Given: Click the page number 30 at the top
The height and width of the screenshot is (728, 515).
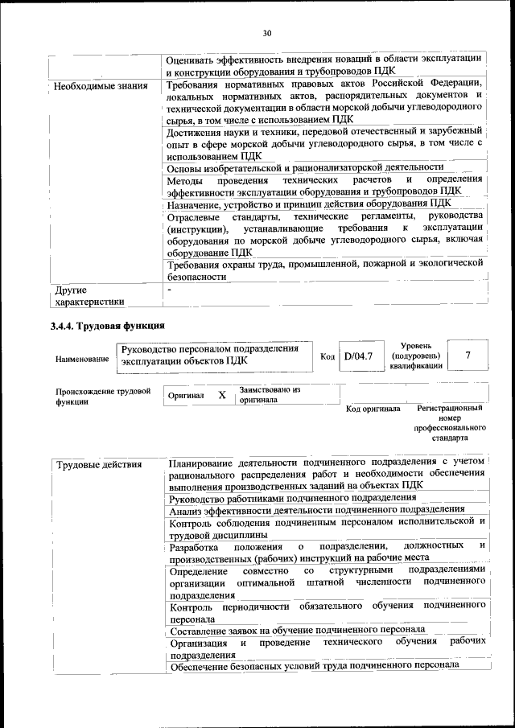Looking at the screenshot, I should point(267,33).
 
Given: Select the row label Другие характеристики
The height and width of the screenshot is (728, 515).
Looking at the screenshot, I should point(89,295).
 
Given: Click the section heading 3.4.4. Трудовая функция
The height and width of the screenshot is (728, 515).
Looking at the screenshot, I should point(107,326).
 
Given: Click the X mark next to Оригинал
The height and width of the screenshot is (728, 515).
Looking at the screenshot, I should point(221,395).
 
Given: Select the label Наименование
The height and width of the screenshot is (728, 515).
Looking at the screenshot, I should point(81,359).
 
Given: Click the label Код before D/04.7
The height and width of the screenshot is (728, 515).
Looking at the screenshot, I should point(327,356).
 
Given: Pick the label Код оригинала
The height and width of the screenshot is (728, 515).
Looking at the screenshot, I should point(373,409).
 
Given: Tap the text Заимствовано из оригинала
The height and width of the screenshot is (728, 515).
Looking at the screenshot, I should point(269,394).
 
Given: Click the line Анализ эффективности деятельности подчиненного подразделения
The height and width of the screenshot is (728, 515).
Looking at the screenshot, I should point(316,509).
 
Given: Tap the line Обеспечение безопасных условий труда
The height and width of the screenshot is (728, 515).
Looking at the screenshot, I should point(315,665).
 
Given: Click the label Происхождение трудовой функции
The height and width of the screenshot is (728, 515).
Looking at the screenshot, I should point(103,396).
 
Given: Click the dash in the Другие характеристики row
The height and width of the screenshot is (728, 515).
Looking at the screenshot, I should point(170,288).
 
